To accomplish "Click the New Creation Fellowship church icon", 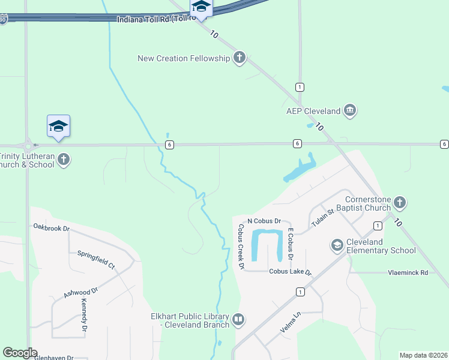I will [240, 58].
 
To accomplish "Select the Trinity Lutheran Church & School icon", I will [64, 160].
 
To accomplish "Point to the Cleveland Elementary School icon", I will [337, 245].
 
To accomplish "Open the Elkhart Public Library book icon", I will [238, 320].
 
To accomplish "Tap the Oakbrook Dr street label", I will [52, 228].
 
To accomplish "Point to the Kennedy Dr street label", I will [84, 316].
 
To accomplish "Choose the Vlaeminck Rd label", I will [407, 272].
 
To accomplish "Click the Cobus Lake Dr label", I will [291, 272].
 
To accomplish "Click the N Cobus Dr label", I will [264, 221].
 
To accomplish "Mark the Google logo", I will [20, 353].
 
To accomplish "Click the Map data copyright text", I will [423, 355].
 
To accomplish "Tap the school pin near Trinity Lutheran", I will [58, 126].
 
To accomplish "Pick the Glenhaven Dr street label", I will [53, 358].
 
